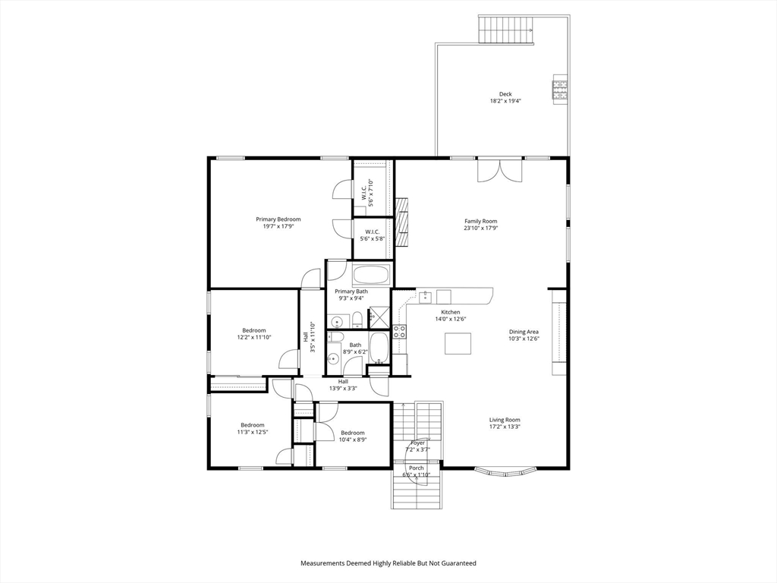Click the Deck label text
coord(505,94)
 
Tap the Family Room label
coord(480,222)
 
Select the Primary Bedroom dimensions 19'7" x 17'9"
coord(278,226)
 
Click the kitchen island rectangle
coord(457,344)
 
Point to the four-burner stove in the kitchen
coord(399,331)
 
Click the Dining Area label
coord(524,332)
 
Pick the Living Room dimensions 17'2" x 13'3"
coord(505,427)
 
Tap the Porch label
coord(417,468)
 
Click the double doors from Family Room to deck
coord(499,171)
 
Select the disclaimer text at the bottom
coord(388,563)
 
